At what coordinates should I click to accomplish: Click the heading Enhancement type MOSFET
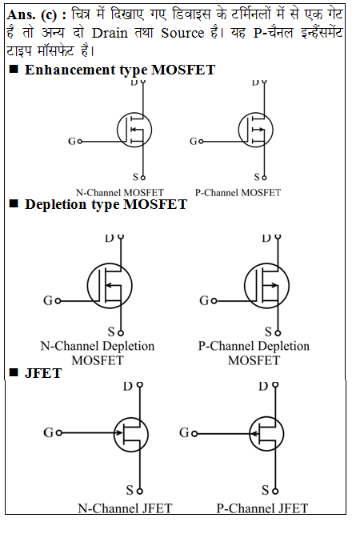click(119, 70)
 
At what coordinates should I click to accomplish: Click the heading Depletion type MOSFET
click(106, 204)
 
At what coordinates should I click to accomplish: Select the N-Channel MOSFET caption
click(120, 193)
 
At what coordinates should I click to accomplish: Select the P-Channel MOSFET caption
click(238, 193)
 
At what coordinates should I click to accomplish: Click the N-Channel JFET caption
click(124, 508)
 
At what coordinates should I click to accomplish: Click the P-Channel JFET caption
click(262, 508)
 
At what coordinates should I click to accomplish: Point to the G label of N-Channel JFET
click(48, 432)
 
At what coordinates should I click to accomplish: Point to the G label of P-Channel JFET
click(184, 432)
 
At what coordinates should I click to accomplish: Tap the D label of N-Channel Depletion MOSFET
click(110, 239)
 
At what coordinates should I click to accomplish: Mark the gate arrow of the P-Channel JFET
click(257, 433)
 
